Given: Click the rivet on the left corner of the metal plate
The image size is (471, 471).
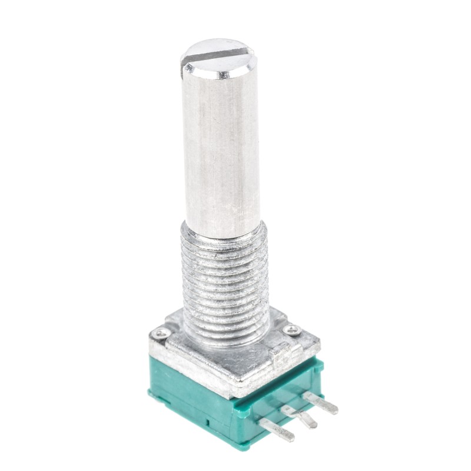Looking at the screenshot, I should [160, 334].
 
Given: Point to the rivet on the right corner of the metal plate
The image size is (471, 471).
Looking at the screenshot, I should [291, 330].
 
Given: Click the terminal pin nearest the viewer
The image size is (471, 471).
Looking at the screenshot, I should [277, 430].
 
